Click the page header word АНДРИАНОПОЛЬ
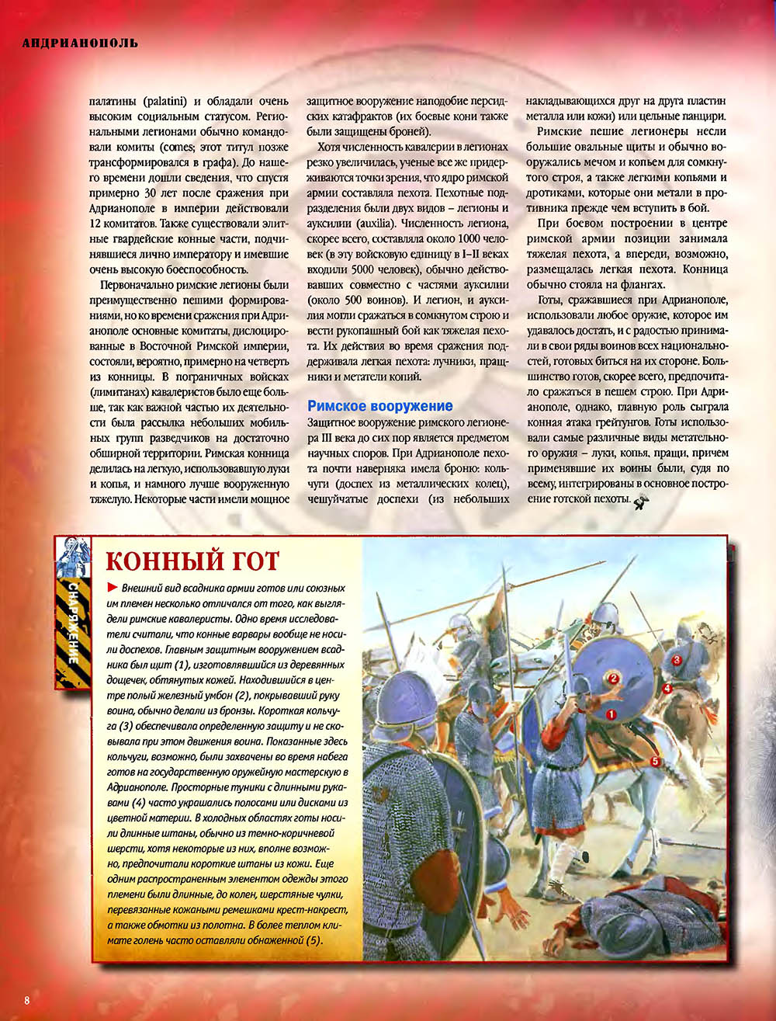point(80,43)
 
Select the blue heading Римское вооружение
point(379,406)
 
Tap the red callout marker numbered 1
point(611,713)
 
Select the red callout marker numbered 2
point(612,678)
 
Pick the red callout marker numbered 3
point(676,659)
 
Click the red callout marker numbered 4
point(667,688)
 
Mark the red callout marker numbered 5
point(655,762)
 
